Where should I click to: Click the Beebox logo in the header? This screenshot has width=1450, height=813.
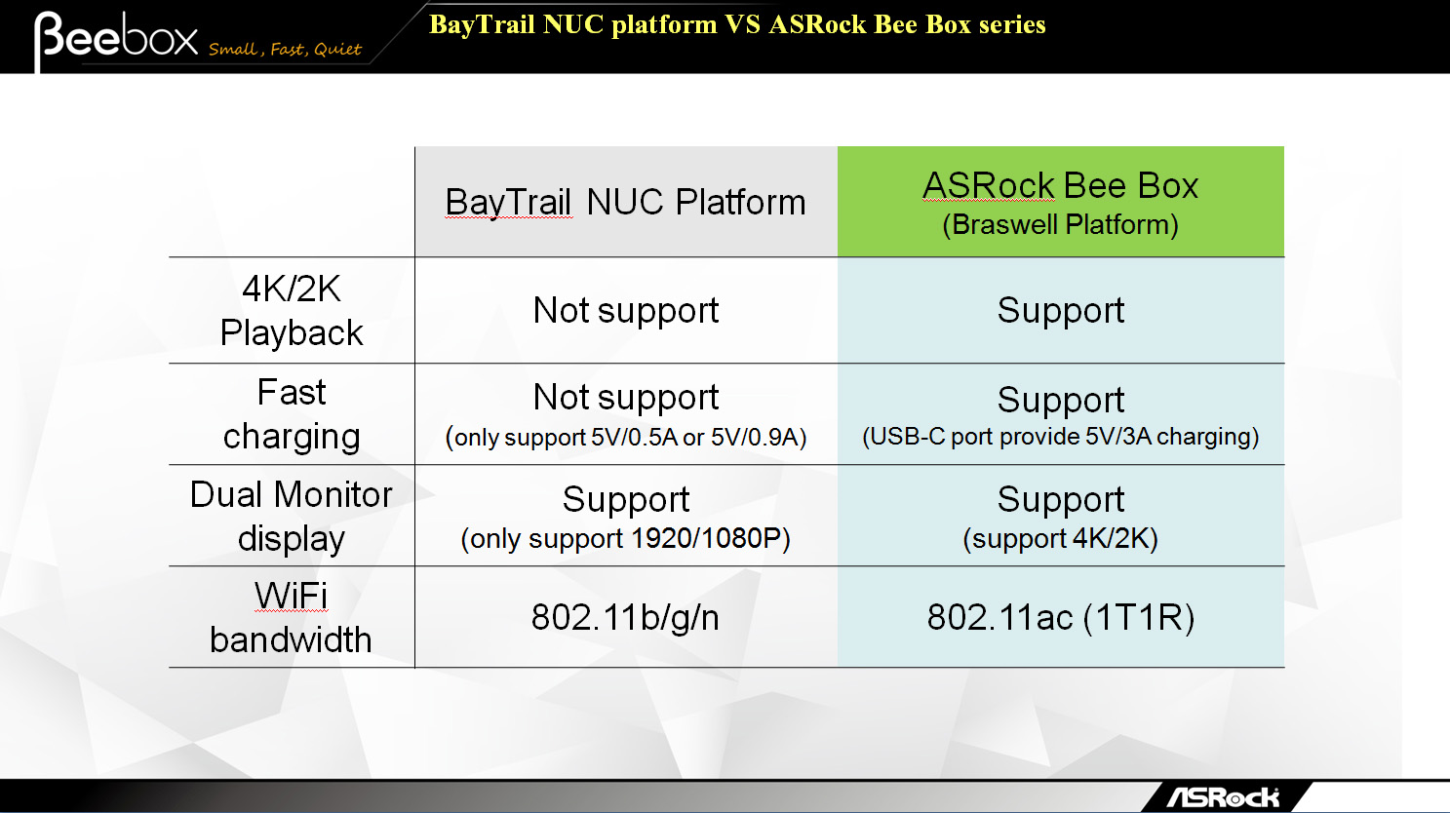point(116,38)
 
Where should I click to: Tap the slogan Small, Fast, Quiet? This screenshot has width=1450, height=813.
point(285,49)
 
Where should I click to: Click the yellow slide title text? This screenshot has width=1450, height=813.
point(737,24)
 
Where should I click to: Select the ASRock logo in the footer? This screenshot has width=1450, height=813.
point(1224,796)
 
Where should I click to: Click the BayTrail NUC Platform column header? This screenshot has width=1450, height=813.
point(625,202)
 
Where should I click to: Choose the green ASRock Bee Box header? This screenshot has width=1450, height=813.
point(1060,202)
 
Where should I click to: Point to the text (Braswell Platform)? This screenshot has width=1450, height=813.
point(1060,224)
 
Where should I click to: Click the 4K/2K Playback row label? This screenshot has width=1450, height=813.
point(292,311)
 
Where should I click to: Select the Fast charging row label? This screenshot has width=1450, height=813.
point(292,414)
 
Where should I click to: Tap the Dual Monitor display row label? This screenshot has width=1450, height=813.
point(292,517)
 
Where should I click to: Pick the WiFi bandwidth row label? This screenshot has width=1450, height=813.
point(292,617)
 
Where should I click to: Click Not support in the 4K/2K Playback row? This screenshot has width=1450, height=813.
point(625,311)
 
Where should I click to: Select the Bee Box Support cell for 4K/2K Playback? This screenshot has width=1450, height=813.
point(1060,311)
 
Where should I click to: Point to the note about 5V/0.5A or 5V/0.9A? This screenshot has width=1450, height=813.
point(625,438)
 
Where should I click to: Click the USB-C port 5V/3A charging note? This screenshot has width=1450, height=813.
point(1060,437)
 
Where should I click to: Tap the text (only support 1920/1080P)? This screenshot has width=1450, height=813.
point(625,538)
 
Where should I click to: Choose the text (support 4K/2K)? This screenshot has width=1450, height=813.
point(1060,538)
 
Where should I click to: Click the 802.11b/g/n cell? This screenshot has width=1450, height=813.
point(625,617)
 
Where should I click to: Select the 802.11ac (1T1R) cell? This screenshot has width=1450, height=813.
point(1060,617)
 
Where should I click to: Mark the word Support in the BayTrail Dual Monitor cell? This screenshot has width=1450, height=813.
point(625,500)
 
